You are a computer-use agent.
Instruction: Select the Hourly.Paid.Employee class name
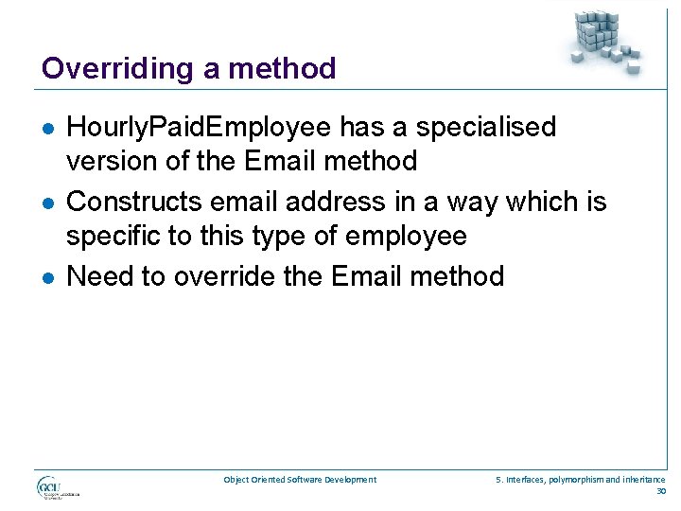pos(199,127)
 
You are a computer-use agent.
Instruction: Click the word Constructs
pos(134,201)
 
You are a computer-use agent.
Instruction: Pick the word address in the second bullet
pos(327,201)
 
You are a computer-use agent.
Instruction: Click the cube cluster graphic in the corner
pos(605,39)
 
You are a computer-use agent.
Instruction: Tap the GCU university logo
pos(58,487)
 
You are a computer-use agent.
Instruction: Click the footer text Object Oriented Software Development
pos(300,480)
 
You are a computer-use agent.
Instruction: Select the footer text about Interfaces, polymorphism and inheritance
pos(581,480)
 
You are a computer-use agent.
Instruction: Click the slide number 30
pos(659,491)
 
